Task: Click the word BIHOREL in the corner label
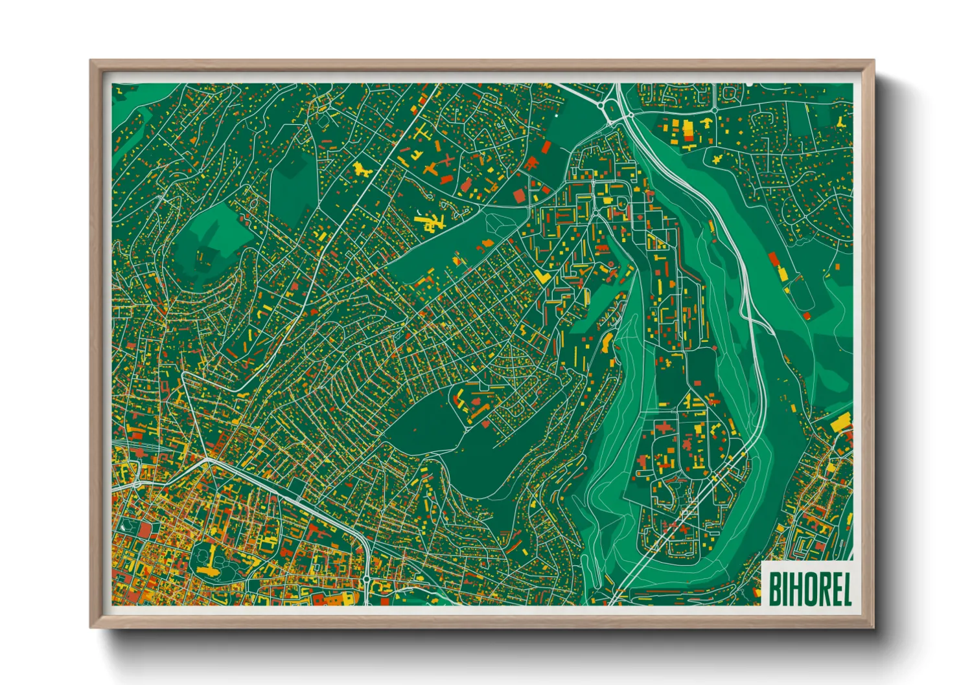[x=809, y=589]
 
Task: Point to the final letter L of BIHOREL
[x=846, y=589]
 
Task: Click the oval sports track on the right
[x=803, y=293]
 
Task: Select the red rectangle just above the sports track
[x=772, y=260]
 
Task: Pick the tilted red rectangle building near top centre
[x=546, y=148]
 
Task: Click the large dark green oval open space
[x=447, y=447]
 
